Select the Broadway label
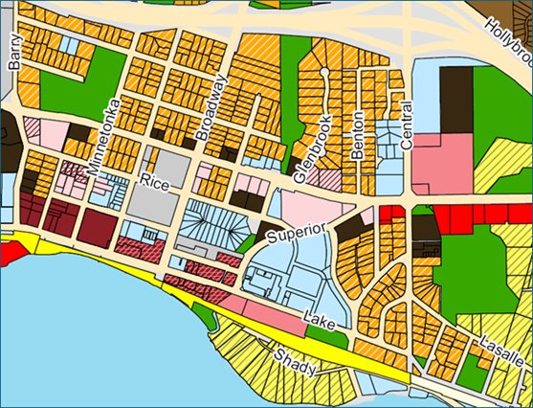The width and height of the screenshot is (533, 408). pos(211,107)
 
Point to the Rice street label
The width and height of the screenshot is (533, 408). pos(153,180)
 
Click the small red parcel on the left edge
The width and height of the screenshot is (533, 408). pos(10,254)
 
